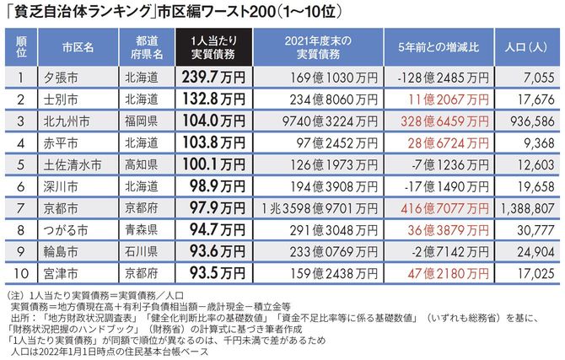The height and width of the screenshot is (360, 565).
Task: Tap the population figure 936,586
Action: pos(531,121)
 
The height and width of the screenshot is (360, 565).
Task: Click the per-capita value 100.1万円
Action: pos(216,163)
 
